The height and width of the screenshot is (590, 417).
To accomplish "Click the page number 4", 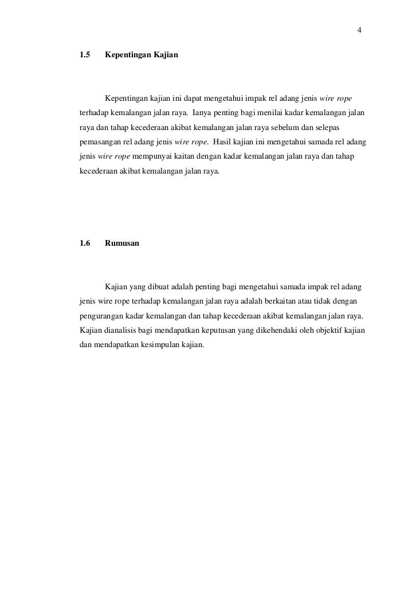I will (x=359, y=30).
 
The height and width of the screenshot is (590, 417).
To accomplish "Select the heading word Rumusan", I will (x=122, y=243).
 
